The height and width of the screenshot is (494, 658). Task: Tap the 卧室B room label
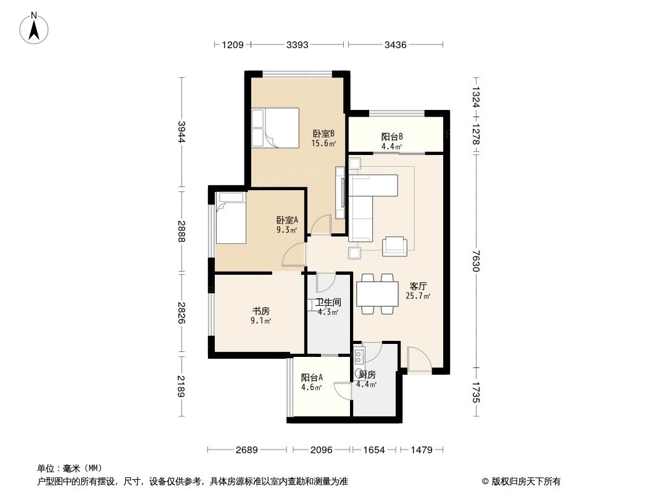pyautogui.click(x=323, y=133)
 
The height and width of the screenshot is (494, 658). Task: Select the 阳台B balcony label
pyautogui.click(x=392, y=137)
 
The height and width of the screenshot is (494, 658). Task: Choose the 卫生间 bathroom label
pyautogui.click(x=328, y=303)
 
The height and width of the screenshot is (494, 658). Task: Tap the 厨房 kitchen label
pyautogui.click(x=367, y=375)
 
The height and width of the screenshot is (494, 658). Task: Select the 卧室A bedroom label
pyautogui.click(x=287, y=220)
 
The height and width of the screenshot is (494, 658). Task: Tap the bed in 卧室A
pyautogui.click(x=230, y=219)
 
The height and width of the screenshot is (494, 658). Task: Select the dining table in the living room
pyautogui.click(x=377, y=294)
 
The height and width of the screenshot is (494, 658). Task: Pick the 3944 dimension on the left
pyautogui.click(x=181, y=132)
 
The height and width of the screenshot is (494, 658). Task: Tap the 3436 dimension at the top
pyautogui.click(x=395, y=44)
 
